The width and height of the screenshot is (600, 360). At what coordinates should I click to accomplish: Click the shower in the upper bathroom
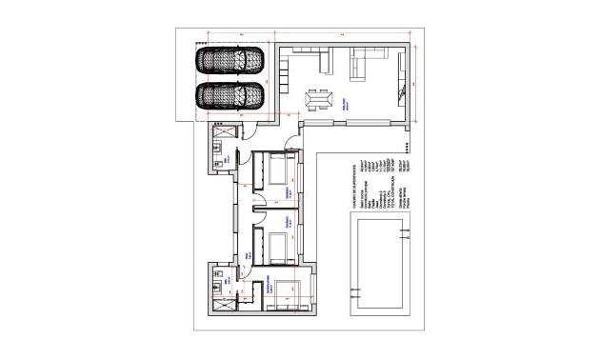point(226,129)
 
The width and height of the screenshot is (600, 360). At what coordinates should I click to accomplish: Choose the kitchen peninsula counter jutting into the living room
point(286,76)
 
